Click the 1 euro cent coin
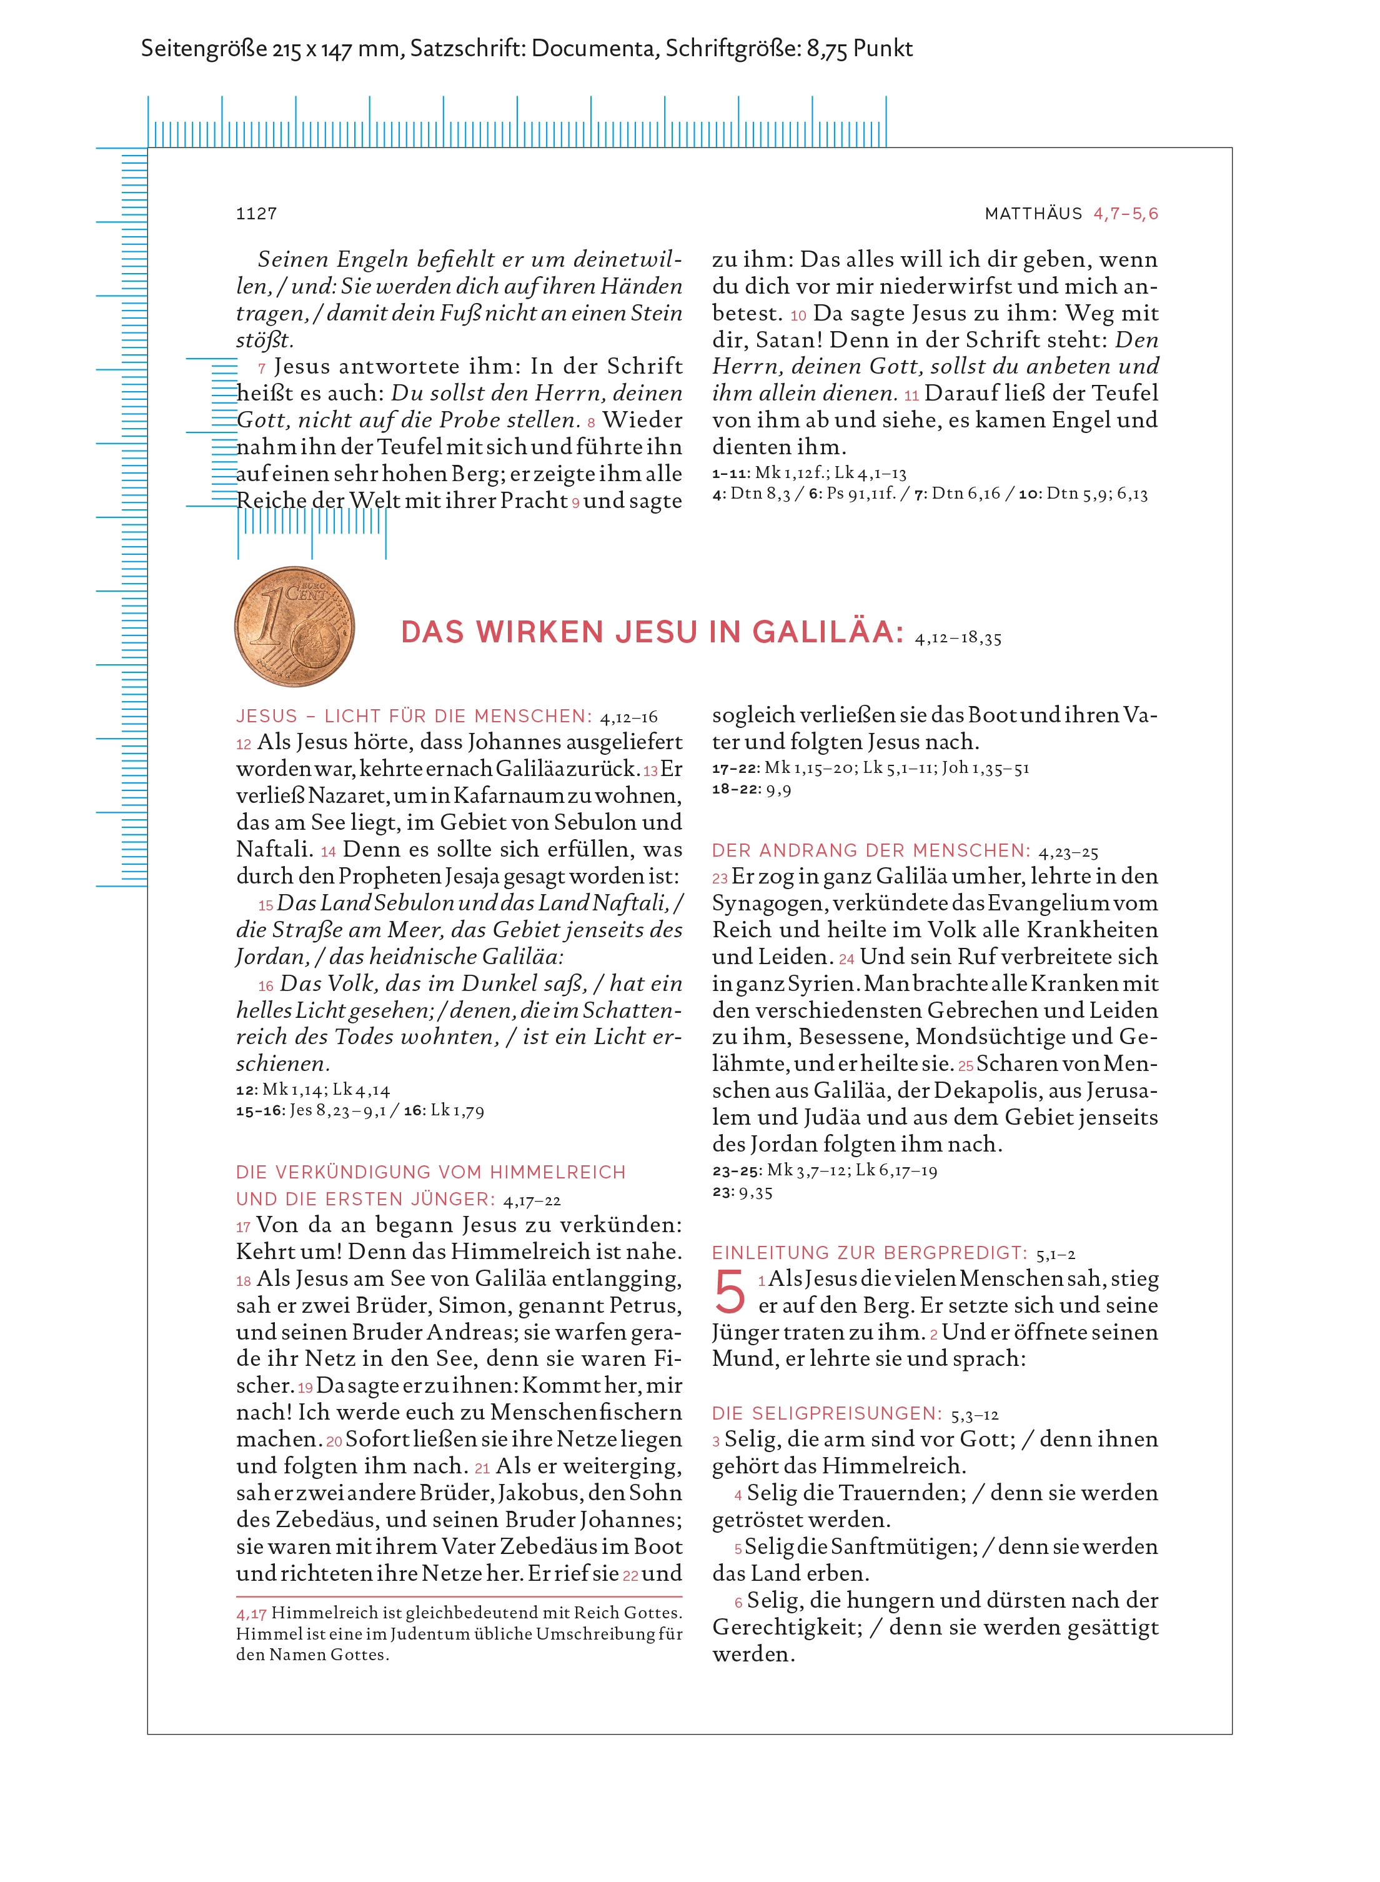coord(294,627)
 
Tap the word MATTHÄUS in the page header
coord(1033,214)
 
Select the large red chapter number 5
coord(729,1292)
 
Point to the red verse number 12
coord(243,744)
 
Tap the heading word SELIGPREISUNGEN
coord(847,1413)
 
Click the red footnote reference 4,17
coord(251,1613)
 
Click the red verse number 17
coord(243,1227)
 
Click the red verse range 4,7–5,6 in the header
coord(1125,214)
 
